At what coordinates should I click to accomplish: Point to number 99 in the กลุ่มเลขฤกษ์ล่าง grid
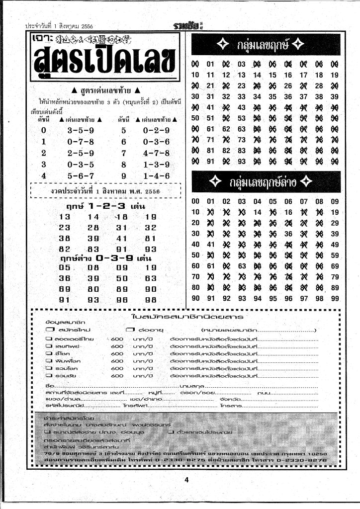tap(334, 298)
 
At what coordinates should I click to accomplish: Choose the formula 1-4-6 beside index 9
tap(156, 176)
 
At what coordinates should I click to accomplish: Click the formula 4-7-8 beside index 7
tap(156, 153)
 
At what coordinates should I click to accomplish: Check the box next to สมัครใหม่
tap(49, 330)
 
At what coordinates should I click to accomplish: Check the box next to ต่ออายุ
tap(130, 330)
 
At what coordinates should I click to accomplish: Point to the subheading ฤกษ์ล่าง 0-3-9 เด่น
tap(105, 258)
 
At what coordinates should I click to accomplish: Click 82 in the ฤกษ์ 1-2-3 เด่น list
tap(65, 249)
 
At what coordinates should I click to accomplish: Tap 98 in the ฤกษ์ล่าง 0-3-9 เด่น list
tap(151, 300)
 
